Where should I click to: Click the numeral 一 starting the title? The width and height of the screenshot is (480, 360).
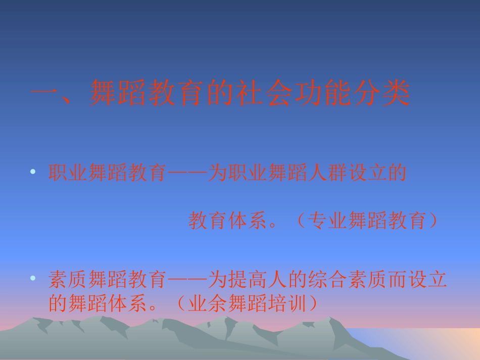click(x=45, y=94)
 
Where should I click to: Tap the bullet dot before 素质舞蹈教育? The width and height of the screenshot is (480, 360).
click(x=33, y=278)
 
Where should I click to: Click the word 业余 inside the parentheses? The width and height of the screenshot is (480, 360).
click(x=208, y=303)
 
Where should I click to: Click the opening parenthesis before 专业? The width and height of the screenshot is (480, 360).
click(x=297, y=221)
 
